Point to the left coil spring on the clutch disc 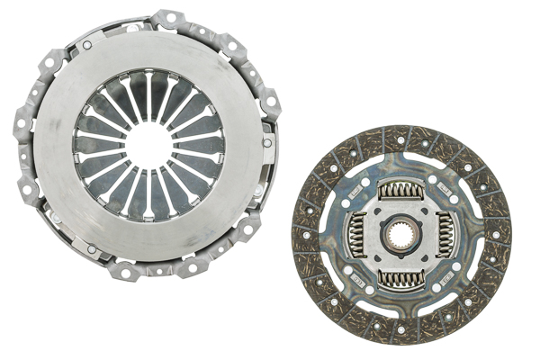click(356, 236)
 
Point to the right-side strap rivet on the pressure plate click(267, 142)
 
